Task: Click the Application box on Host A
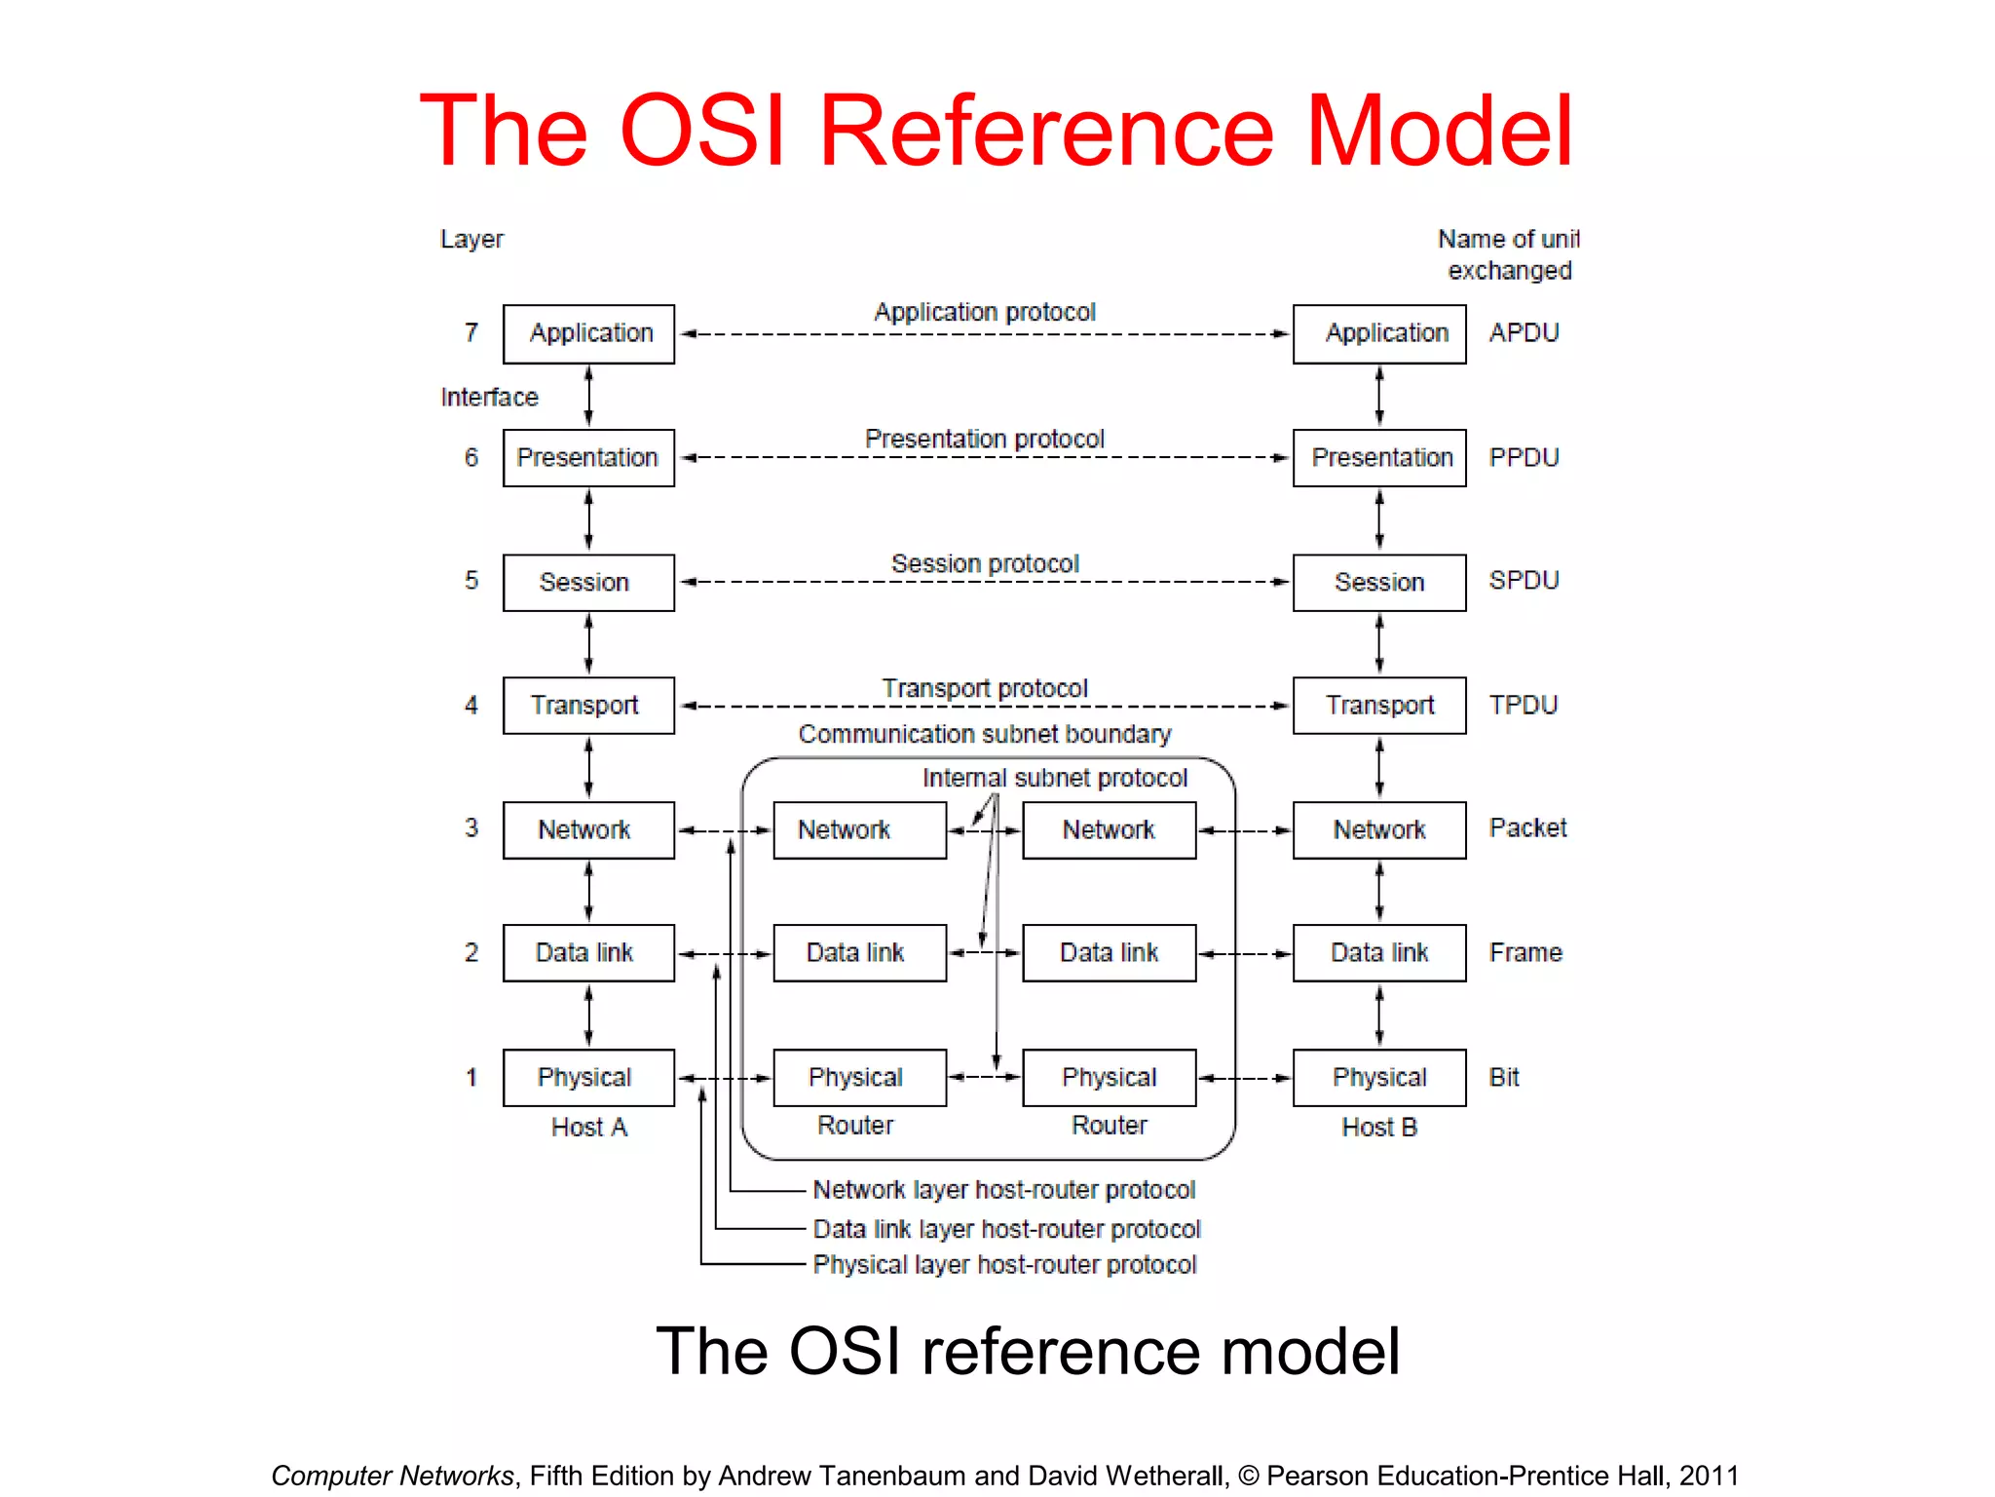[x=588, y=333]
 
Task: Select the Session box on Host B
[x=1378, y=582]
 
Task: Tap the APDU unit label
[x=1524, y=333]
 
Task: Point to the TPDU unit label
[x=1524, y=705]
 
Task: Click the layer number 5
[x=471, y=581]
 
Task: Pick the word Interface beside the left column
[x=489, y=398]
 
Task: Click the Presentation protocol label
[x=984, y=439]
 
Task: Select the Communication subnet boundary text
[x=984, y=734]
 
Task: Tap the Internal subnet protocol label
[x=1054, y=778]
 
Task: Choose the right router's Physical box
[x=1109, y=1077]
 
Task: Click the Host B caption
[x=1378, y=1128]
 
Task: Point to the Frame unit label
[x=1525, y=952]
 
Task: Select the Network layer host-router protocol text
[x=1003, y=1190]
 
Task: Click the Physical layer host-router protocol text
[x=1003, y=1265]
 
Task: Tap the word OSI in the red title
[x=701, y=131]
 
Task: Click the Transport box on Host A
[x=588, y=705]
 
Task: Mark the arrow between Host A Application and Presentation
[x=588, y=396]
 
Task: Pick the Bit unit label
[x=1504, y=1077]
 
